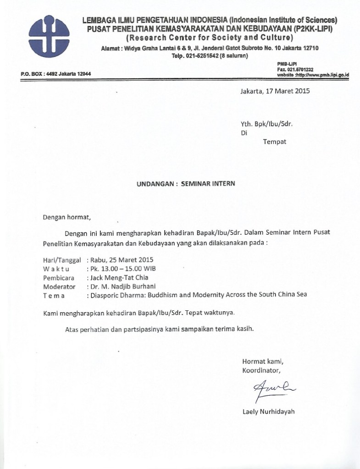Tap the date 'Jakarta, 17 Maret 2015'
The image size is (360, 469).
coord(275,91)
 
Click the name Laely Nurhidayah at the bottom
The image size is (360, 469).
coord(268,411)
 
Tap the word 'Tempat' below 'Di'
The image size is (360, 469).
coord(274,142)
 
